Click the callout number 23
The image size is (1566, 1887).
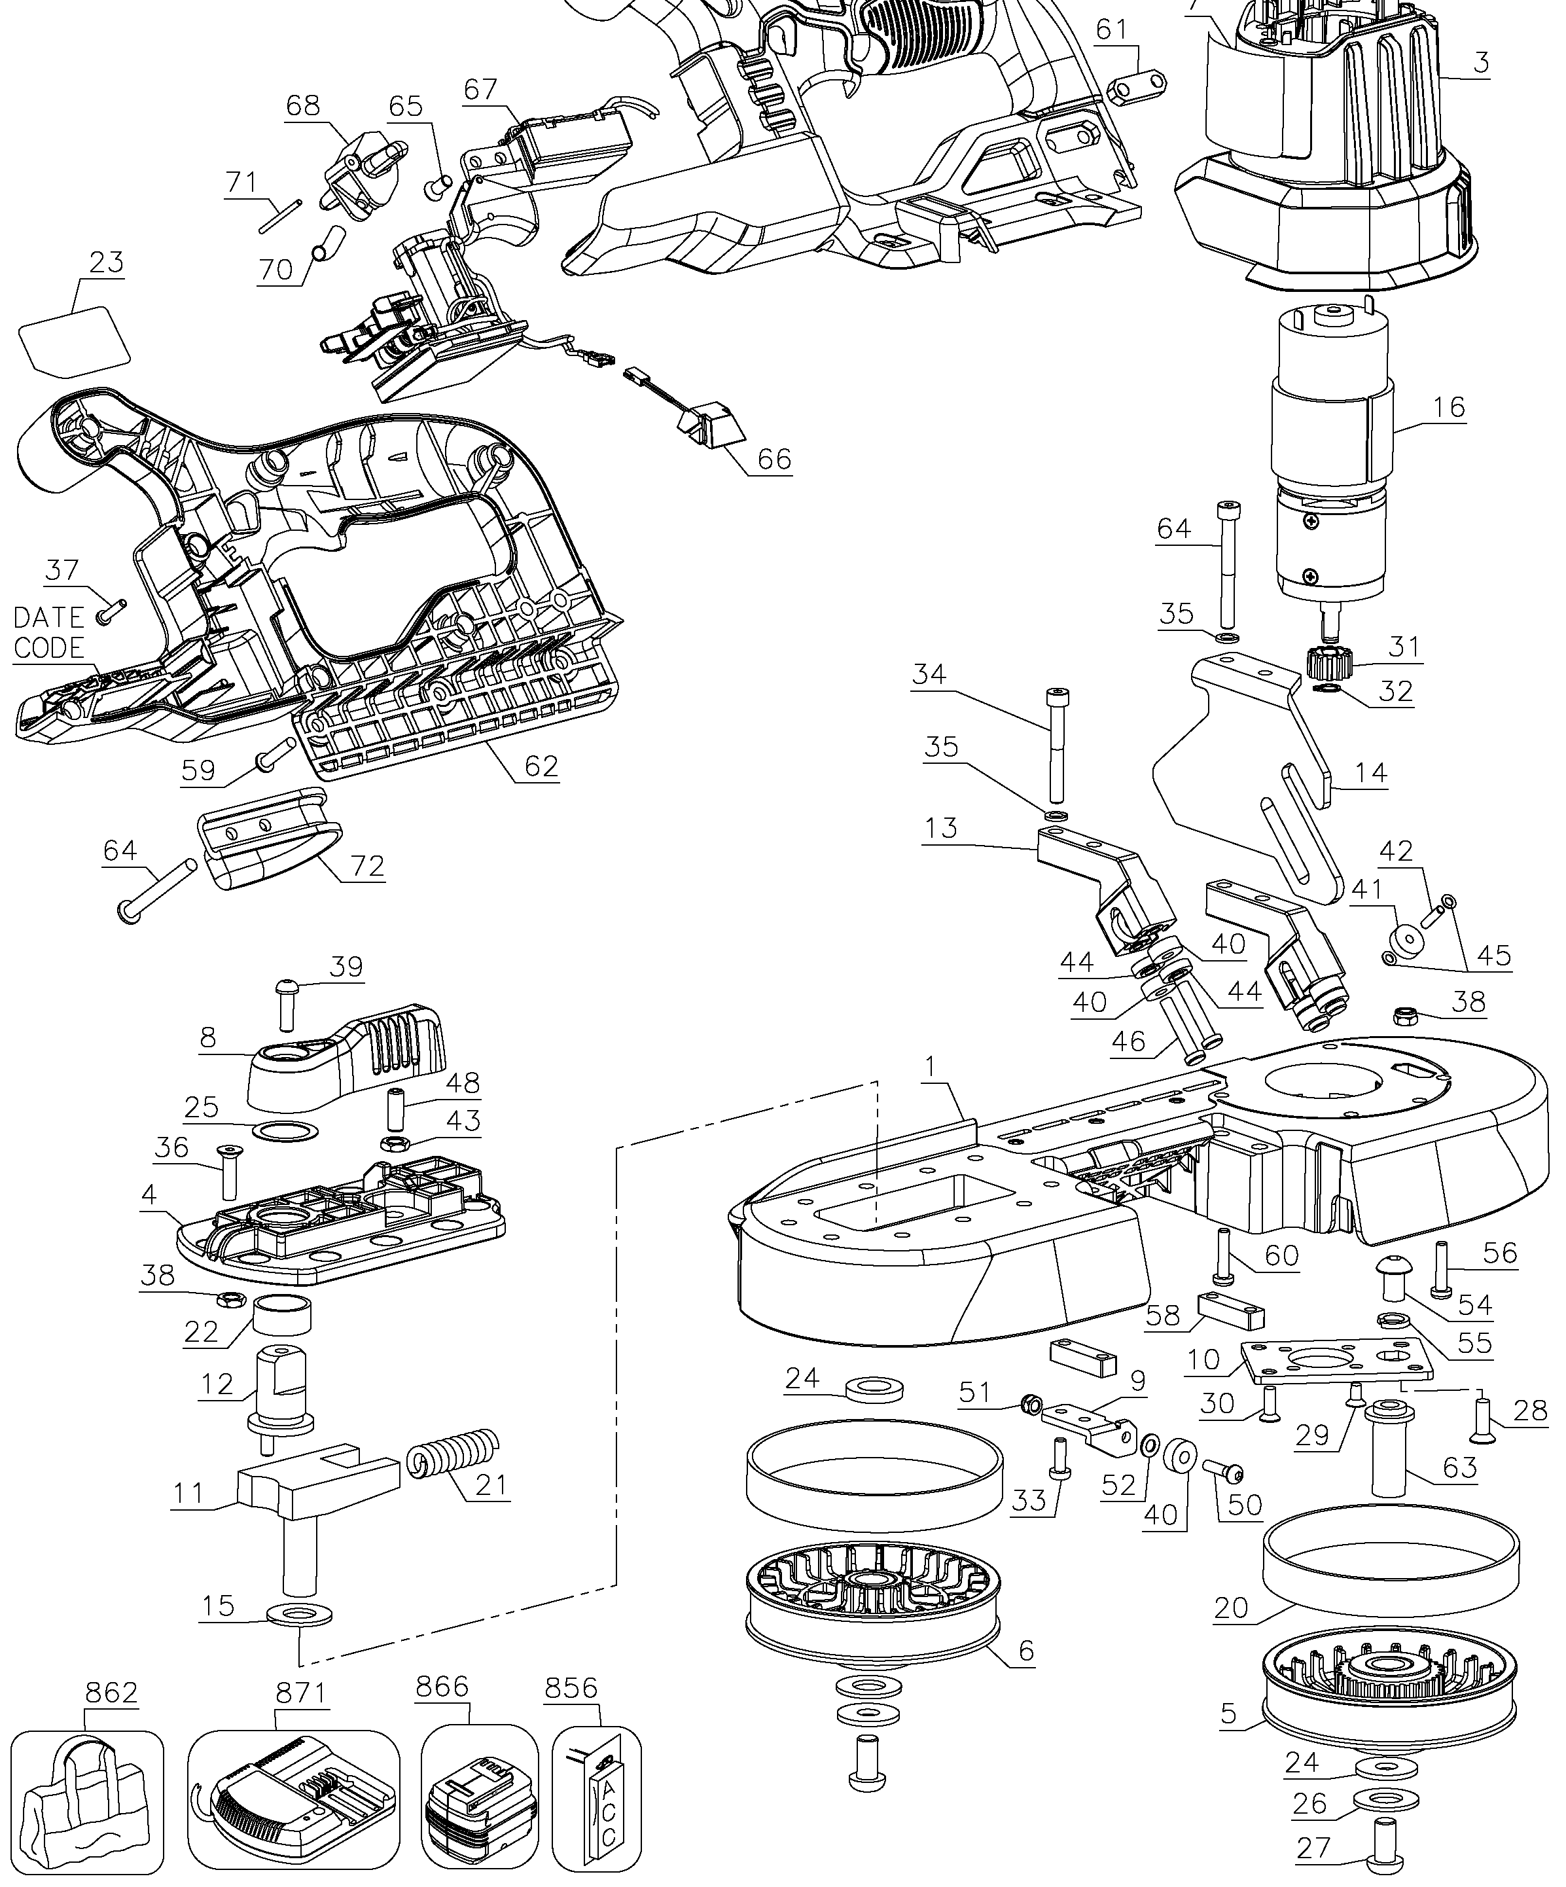[106, 262]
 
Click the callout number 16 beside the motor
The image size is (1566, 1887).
[1448, 406]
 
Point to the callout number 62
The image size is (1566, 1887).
[542, 766]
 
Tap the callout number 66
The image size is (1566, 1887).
[774, 459]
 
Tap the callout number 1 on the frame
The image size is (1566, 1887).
[931, 1067]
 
